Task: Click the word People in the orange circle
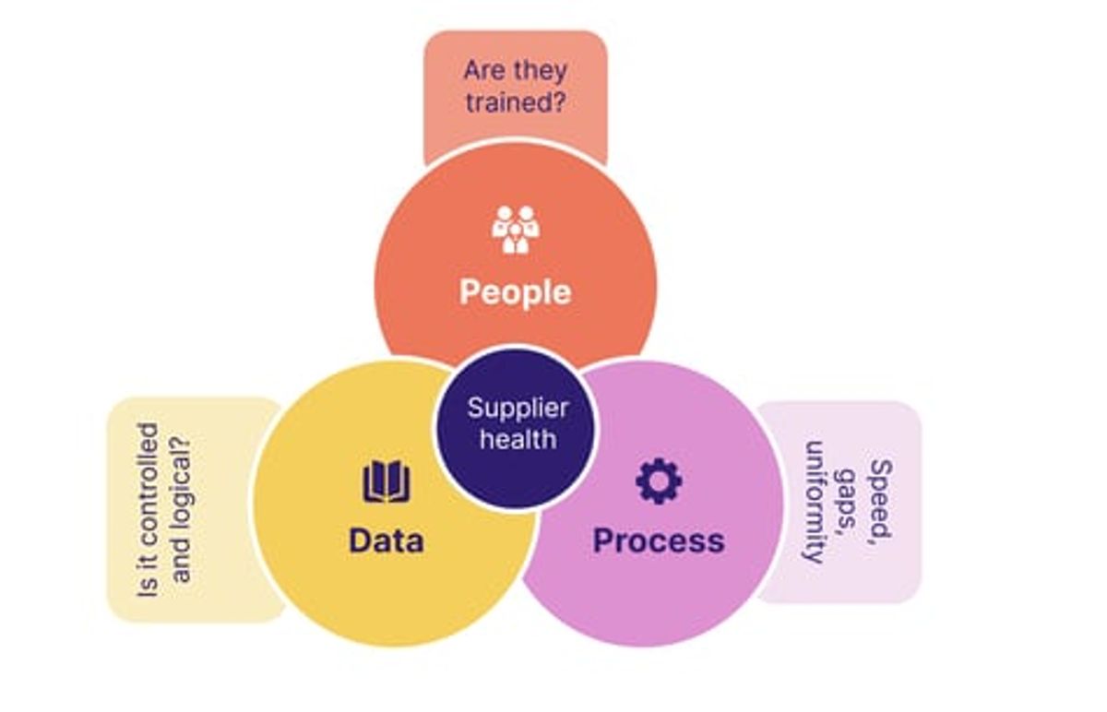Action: (x=516, y=292)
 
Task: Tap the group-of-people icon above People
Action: (x=516, y=230)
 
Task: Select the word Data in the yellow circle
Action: (x=387, y=540)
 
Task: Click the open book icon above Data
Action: (x=387, y=481)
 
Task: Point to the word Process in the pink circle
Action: (x=659, y=540)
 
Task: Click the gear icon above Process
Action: (x=659, y=481)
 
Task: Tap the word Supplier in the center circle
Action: (x=518, y=409)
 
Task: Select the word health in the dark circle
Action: (x=518, y=439)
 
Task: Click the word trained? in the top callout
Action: (x=516, y=102)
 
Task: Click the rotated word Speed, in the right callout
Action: (x=881, y=502)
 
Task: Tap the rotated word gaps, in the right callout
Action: (x=846, y=502)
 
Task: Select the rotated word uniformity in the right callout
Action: (x=814, y=502)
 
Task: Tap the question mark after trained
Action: (x=559, y=101)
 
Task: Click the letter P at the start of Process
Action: (x=601, y=540)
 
